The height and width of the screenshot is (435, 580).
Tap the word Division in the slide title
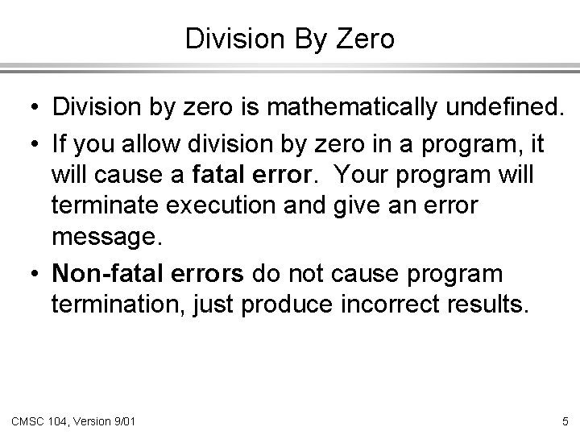click(234, 39)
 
